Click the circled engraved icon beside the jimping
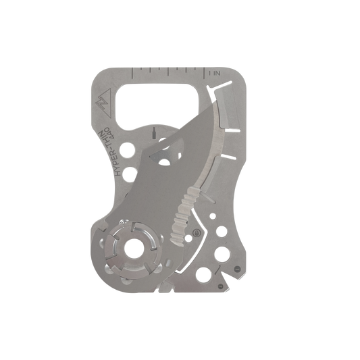pos(197,232)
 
